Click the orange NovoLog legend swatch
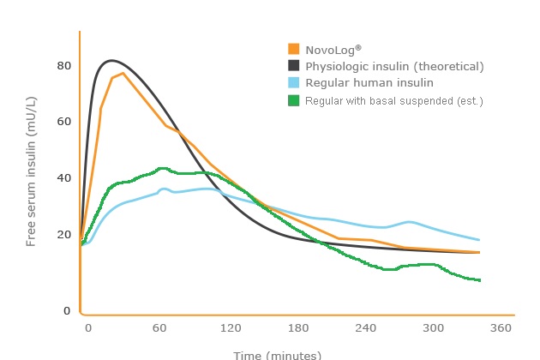[294, 50]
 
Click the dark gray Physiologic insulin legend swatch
[294, 66]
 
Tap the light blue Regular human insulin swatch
[294, 83]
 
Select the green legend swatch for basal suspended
[294, 100]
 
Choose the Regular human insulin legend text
[369, 83]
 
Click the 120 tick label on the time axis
[229, 328]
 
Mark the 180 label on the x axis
[297, 328]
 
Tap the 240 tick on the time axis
[366, 328]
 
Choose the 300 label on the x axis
[434, 328]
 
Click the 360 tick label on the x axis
[501, 328]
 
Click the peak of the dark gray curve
[111, 61]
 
